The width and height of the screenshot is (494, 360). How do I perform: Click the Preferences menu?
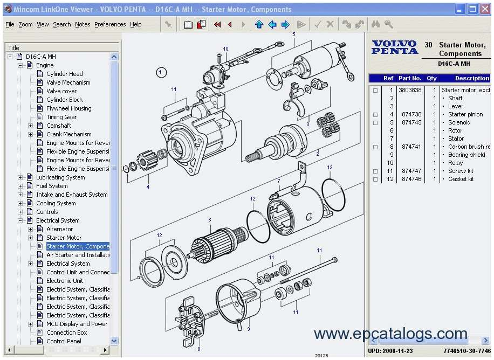109,24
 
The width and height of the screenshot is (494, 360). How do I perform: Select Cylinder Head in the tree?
64,74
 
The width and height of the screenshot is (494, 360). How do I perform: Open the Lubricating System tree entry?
60,177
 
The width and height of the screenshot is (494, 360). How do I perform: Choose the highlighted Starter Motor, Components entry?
78,246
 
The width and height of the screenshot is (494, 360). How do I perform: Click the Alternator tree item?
59,229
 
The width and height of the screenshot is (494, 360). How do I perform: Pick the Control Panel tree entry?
64,341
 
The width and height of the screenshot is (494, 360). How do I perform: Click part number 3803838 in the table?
410,90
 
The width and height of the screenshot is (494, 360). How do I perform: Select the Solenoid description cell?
459,122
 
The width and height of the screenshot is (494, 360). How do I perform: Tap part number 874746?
410,179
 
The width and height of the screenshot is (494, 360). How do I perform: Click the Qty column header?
432,78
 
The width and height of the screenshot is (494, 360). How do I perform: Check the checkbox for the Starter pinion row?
375,115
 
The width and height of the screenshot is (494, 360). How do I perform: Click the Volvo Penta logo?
394,47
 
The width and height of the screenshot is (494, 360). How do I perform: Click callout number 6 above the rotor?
210,220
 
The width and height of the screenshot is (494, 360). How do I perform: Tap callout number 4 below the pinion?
148,187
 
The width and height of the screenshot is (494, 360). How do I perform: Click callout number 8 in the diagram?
198,349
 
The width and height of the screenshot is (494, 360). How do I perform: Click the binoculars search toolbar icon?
375,24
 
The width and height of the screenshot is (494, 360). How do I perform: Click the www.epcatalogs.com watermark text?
390,334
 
